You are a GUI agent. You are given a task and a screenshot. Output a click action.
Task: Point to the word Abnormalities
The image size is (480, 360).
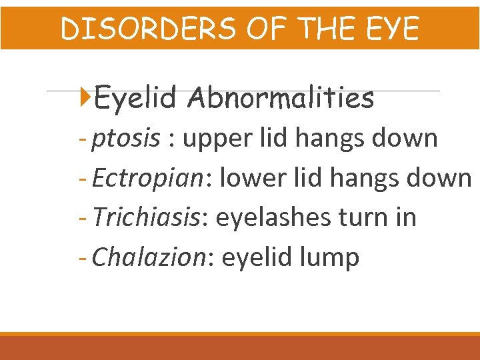click(281, 99)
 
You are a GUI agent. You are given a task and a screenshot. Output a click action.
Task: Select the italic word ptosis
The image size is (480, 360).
click(126, 139)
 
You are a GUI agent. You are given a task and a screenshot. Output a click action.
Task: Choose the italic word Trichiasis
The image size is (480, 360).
click(145, 217)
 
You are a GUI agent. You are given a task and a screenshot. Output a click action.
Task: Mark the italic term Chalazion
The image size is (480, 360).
click(149, 257)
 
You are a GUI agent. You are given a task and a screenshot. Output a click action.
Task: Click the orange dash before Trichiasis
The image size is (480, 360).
click(83, 217)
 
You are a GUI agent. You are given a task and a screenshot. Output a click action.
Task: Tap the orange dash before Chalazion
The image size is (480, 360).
click(83, 257)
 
